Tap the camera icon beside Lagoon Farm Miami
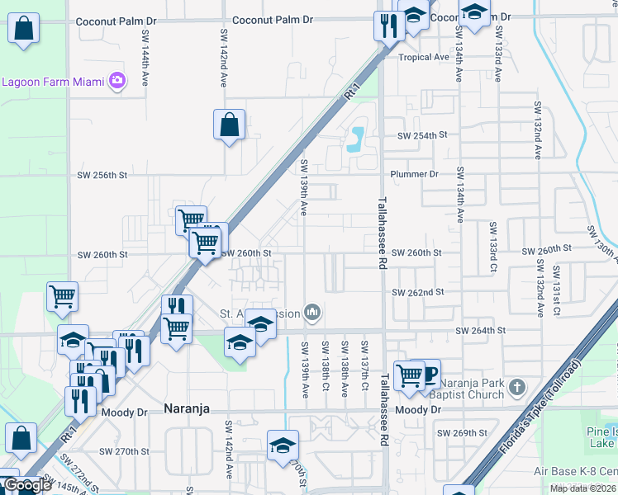[x=117, y=81]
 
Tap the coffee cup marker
[x=427, y=374]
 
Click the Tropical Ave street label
[x=423, y=58]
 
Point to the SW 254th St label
[x=421, y=135]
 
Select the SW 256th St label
[x=102, y=175]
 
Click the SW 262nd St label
[x=418, y=293]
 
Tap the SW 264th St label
[x=480, y=331]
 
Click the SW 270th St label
[x=123, y=451]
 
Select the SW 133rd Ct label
[x=494, y=247]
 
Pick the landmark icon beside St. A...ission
[x=312, y=313]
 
